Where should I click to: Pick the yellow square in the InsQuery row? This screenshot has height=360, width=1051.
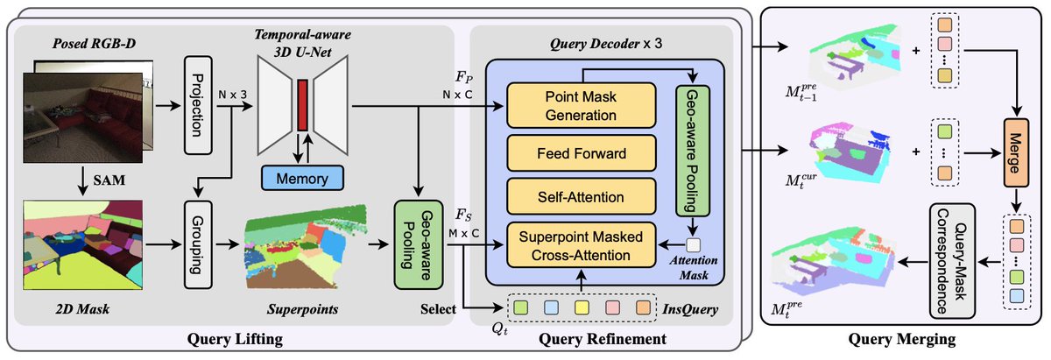click(580, 308)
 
